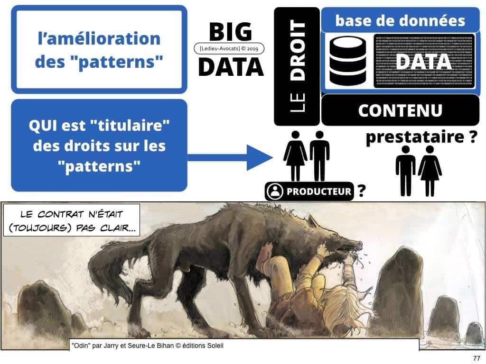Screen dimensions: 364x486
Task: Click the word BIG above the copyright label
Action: point(230,32)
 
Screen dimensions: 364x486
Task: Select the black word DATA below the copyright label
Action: point(230,66)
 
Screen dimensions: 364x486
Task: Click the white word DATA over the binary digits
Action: point(423,62)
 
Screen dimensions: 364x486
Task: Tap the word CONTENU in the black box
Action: point(400,110)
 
